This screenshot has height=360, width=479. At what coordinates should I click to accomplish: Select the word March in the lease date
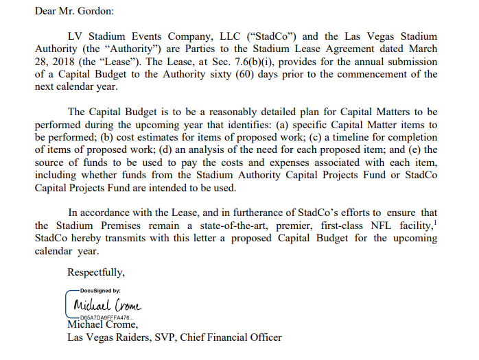[x=421, y=49]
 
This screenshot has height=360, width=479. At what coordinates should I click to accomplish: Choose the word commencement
[x=375, y=75]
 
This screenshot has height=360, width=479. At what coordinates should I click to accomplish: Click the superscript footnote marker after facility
[x=435, y=223]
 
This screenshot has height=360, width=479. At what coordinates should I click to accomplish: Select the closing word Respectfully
[x=96, y=273]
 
